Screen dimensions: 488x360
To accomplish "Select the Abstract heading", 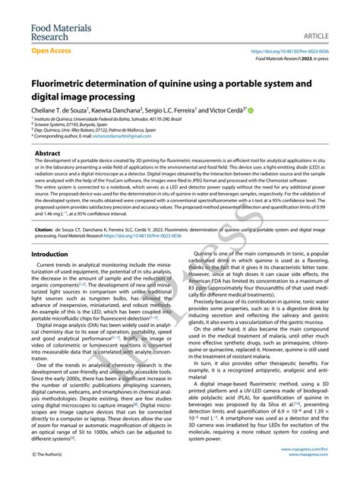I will (x=49, y=154).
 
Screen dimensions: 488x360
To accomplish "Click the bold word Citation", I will (x=47, y=227).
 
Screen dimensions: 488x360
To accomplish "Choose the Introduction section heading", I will (x=54, y=254).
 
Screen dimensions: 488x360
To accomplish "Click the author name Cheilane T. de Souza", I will (x=59, y=110).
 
